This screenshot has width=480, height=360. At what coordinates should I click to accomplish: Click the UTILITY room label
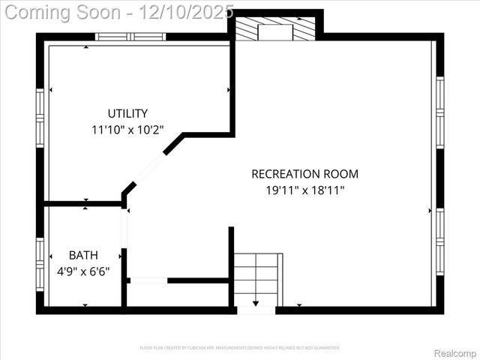[x=127, y=113]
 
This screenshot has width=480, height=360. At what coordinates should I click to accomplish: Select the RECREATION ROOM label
[x=304, y=174]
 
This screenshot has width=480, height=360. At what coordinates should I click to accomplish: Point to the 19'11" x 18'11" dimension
[x=304, y=190]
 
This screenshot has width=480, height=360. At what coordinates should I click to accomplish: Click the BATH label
[x=83, y=255]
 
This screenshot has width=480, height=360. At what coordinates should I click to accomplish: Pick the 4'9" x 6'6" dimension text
[x=83, y=271]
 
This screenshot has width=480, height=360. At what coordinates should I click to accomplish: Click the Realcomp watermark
[x=455, y=352]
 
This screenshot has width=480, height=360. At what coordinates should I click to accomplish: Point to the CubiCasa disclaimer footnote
[x=240, y=348]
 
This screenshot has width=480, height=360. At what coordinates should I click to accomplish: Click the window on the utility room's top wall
[x=130, y=36]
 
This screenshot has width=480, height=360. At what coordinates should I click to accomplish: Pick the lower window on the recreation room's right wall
[x=440, y=233]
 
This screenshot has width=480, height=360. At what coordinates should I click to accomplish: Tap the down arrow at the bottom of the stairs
[x=256, y=302]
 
